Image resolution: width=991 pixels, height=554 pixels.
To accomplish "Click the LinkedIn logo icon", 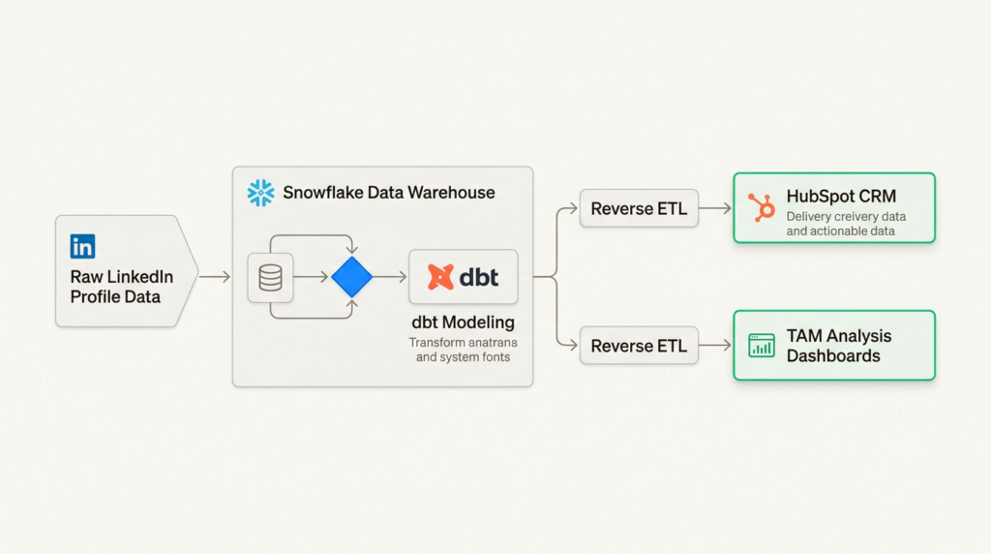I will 82,246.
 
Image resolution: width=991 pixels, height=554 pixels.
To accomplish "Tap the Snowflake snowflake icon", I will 260,193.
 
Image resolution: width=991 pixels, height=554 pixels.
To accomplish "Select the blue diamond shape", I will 351,277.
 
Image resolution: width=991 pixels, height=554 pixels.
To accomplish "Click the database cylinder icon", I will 271,278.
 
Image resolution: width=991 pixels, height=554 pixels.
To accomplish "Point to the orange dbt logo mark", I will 441,278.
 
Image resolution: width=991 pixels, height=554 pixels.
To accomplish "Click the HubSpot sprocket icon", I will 762,205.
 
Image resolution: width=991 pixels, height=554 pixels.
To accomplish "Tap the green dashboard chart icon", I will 762,345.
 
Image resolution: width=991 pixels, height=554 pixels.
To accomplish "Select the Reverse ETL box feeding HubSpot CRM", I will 639,208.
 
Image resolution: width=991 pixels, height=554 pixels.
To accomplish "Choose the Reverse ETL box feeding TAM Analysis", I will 639,346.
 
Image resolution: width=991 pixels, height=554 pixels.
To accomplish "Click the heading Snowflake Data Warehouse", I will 388,193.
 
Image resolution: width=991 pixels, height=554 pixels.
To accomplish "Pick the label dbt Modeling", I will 462,322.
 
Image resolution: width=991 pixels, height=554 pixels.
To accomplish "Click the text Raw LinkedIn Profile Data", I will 121,287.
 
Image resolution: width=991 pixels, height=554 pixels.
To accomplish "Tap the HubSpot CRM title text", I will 841,197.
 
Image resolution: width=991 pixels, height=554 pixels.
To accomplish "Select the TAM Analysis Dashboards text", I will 838,346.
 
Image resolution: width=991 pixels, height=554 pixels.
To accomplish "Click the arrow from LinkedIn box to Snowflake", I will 215,277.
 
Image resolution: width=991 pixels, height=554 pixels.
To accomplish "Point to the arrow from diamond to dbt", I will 390,278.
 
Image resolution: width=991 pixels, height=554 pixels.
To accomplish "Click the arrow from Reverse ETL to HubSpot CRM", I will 715,208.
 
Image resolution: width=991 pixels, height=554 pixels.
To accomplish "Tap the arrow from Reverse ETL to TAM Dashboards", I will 715,346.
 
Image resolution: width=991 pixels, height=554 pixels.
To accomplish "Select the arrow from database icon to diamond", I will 311,278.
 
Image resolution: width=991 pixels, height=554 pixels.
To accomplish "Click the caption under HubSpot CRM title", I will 846,224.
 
